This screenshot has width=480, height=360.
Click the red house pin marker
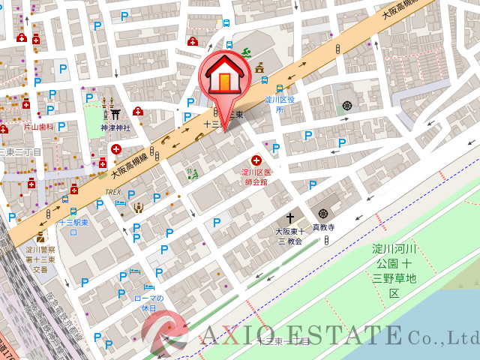tap(224, 78)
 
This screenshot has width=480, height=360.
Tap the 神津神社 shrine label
tap(115, 127)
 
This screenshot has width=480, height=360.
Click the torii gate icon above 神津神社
tap(115, 114)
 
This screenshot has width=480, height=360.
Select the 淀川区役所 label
tap(280, 104)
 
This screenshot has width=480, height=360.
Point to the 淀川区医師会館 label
tap(255, 177)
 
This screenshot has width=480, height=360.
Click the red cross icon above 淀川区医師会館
tap(256, 160)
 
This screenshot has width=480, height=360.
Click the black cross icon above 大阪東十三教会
tap(290, 218)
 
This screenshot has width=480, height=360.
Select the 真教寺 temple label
tap(323, 226)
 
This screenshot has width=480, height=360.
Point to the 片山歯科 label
tap(38, 127)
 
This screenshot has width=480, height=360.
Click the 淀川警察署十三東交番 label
tap(39, 259)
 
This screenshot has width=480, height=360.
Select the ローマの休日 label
tap(148, 302)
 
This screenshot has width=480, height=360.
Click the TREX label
tap(113, 192)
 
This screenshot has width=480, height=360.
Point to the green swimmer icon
tap(244, 53)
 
